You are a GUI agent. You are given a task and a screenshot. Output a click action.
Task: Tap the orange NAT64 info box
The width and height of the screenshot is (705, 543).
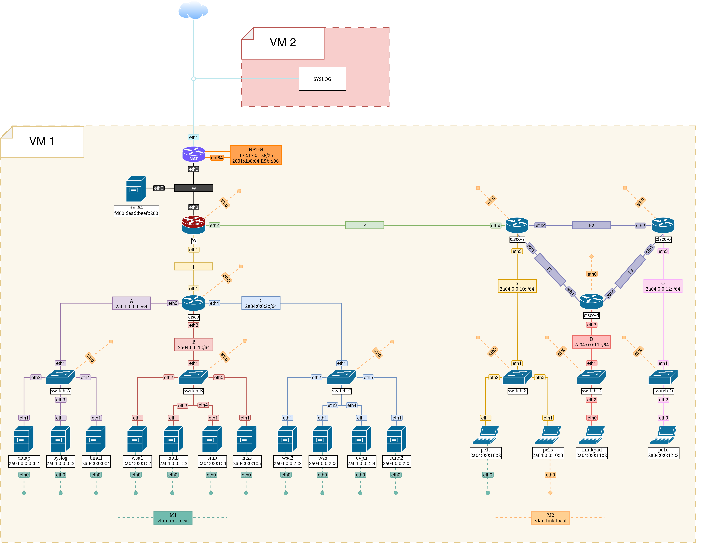pyautogui.click(x=256, y=155)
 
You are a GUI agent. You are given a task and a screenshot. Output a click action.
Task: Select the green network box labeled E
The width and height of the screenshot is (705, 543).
pyautogui.click(x=364, y=226)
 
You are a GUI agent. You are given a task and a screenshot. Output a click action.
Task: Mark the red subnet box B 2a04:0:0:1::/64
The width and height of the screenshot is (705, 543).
pyautogui.click(x=194, y=344)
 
